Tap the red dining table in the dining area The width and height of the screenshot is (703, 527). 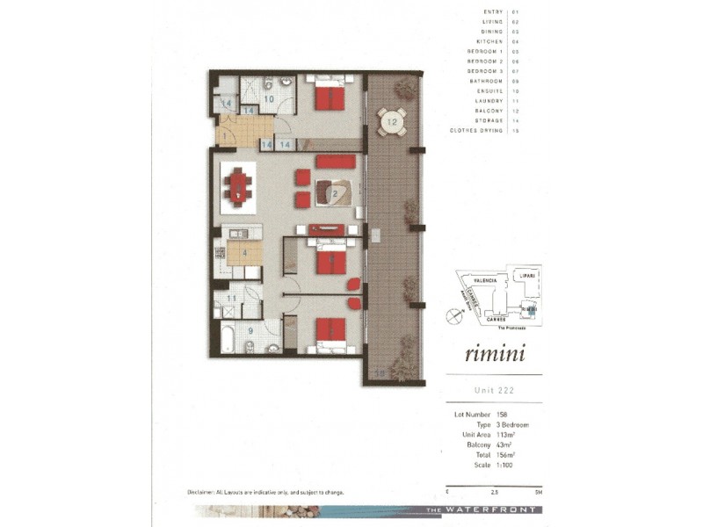pyautogui.click(x=237, y=186)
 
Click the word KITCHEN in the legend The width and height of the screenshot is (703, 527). pyautogui.click(x=489, y=40)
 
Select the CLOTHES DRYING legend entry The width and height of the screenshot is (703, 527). pyautogui.click(x=476, y=130)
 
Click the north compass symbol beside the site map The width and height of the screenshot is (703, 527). pyautogui.click(x=453, y=314)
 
